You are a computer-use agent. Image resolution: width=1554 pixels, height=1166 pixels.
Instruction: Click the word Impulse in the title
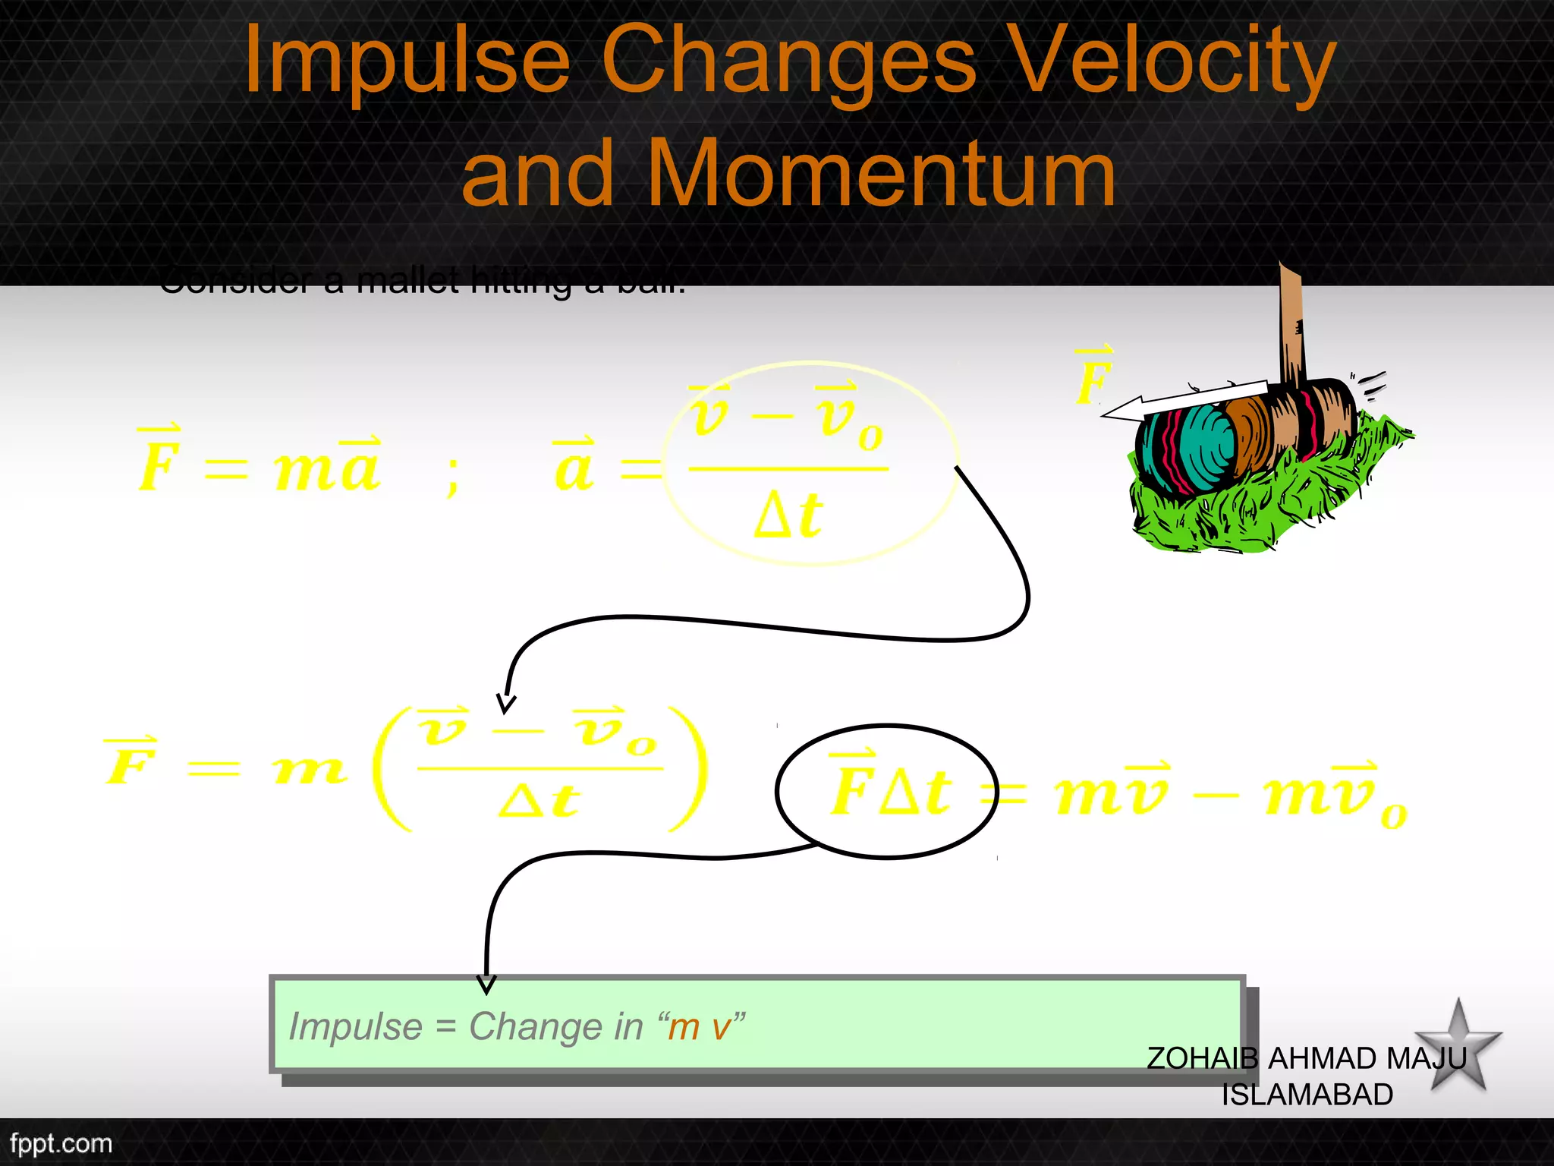(x=407, y=61)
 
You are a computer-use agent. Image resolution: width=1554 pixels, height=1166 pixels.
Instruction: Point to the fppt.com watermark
(x=61, y=1143)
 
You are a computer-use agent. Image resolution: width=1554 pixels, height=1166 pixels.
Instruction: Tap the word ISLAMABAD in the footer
(x=1307, y=1095)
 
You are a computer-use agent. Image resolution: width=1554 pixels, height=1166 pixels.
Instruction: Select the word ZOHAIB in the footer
(x=1202, y=1058)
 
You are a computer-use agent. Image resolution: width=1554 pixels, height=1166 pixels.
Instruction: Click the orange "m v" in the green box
(x=700, y=1027)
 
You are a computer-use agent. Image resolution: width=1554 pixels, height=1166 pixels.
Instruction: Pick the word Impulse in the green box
(x=355, y=1027)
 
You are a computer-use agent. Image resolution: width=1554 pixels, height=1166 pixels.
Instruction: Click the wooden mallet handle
(x=1292, y=326)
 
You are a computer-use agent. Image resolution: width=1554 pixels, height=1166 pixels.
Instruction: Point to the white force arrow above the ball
(x=1184, y=399)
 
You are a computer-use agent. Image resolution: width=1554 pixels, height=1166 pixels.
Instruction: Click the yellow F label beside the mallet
(x=1093, y=380)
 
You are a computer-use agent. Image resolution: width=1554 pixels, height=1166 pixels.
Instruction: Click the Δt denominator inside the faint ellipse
(x=789, y=515)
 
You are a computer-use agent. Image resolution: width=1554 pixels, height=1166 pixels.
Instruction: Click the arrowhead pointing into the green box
(x=486, y=985)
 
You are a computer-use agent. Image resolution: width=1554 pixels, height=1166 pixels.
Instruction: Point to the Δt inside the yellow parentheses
(x=539, y=801)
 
